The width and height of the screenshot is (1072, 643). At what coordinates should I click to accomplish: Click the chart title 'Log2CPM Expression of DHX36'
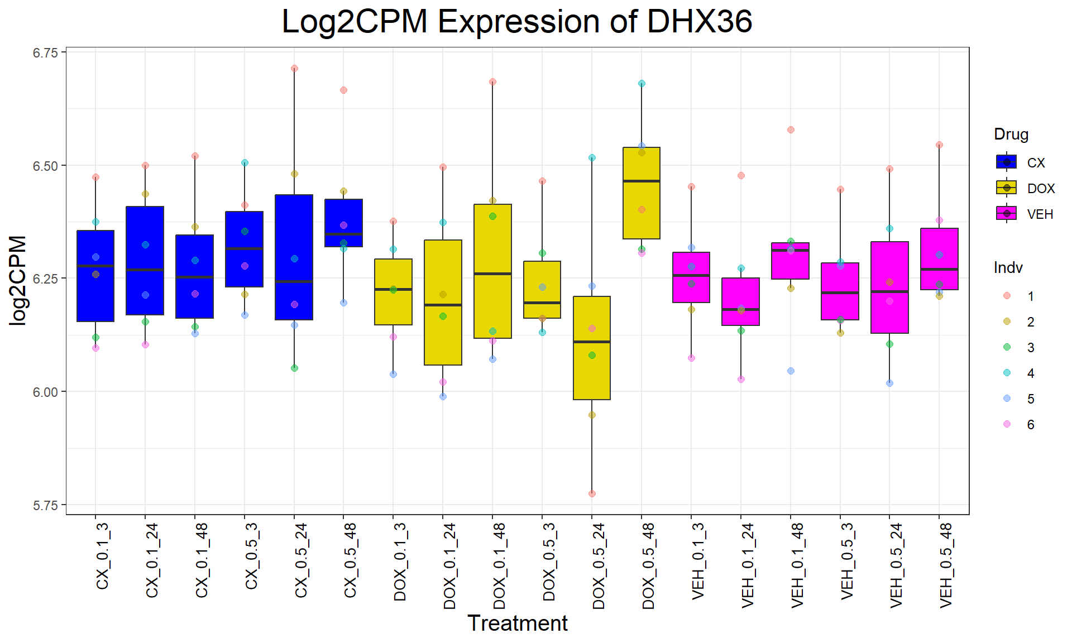pos(517,22)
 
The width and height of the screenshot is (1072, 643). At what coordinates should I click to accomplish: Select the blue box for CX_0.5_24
pos(294,257)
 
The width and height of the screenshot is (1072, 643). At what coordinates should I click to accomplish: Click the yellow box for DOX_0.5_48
pos(642,193)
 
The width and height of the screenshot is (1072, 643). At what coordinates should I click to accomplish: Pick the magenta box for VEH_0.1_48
pos(791,261)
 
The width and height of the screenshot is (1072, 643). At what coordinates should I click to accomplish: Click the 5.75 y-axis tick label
pos(45,506)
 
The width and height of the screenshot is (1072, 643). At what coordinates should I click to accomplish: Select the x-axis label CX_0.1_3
pos(103,556)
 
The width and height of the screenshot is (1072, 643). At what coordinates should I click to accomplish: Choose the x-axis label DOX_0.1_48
pos(500,565)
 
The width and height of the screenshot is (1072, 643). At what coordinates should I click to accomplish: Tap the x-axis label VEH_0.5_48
pos(946,565)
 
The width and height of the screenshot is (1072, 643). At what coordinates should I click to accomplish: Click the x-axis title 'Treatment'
pos(517,623)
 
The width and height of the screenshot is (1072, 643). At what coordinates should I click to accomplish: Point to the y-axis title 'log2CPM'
pos(18,280)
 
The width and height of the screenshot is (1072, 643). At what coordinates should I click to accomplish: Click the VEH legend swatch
pos(1007,214)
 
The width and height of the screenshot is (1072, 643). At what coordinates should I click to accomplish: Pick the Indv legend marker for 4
pos(1007,373)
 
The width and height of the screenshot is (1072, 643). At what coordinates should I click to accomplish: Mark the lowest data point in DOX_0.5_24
pos(592,493)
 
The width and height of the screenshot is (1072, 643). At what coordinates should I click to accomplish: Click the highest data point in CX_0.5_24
pos(294,68)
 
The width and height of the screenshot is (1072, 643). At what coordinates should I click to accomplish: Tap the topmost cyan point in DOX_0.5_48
pos(642,83)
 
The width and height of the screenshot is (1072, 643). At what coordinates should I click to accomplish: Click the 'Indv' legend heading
pos(1008,268)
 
